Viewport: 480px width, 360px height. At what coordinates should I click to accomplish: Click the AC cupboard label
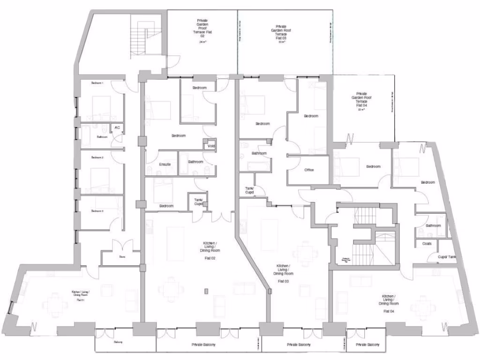[x=117, y=127]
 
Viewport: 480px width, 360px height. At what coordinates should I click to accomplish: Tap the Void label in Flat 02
[x=211, y=146]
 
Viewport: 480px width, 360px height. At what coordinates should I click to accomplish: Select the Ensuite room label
[x=165, y=164]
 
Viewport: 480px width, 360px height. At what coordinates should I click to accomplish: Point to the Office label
[x=308, y=170]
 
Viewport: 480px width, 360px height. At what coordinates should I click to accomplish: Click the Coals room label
[x=427, y=244]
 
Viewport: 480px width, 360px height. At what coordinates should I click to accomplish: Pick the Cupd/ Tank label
[x=447, y=257]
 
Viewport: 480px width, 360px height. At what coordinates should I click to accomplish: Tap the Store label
[x=122, y=257]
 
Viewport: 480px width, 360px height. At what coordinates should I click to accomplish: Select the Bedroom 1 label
[x=97, y=83]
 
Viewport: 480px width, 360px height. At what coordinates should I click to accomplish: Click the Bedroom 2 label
[x=97, y=157]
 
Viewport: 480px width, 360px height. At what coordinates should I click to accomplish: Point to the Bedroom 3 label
[x=97, y=211]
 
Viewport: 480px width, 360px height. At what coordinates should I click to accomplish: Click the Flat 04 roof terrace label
[x=361, y=101]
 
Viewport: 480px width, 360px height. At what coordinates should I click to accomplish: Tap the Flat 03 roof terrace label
[x=281, y=33]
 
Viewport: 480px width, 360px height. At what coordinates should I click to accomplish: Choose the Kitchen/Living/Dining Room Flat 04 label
[x=388, y=303]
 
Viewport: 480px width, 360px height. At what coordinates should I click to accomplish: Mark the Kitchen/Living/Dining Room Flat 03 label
[x=283, y=273]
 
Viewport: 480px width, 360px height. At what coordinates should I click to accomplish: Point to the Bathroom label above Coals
[x=433, y=225]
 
